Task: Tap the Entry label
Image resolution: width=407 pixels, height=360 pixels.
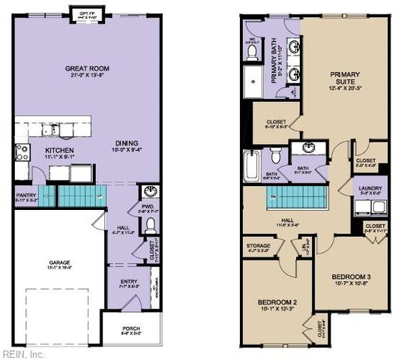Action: coord(128,283)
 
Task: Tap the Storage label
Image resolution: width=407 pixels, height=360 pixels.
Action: coord(258,247)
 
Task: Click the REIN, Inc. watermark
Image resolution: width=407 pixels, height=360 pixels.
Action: coord(22,353)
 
